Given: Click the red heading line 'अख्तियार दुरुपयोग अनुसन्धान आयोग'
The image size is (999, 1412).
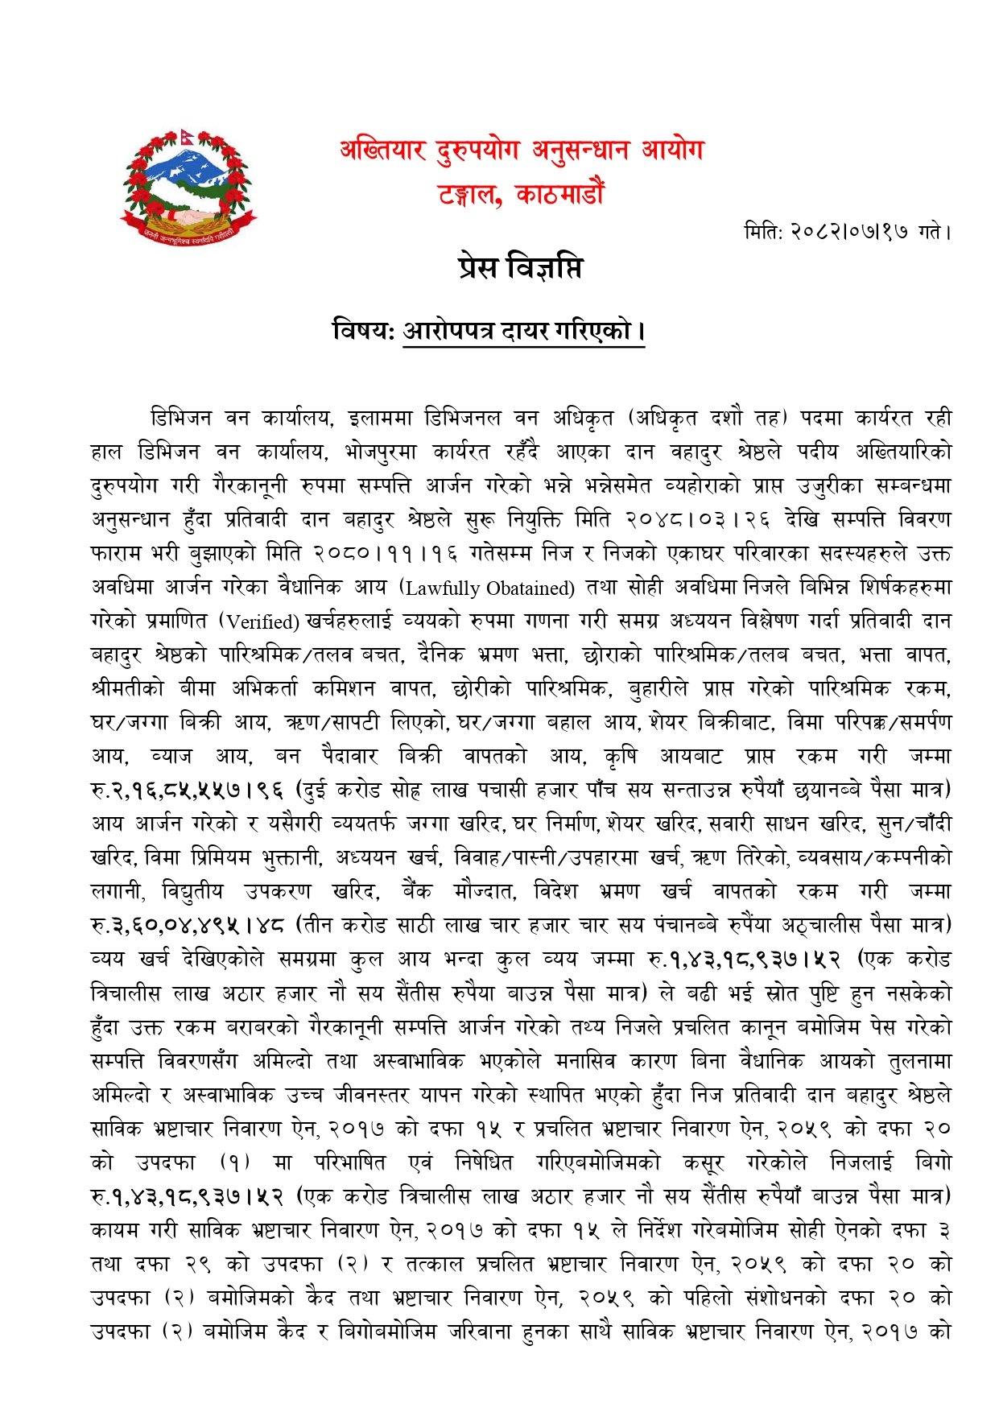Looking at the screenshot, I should (x=522, y=151).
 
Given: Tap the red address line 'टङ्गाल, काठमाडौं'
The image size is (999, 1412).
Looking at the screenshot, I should (x=522, y=195).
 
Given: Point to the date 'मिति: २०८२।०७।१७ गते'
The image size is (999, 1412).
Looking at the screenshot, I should (x=848, y=233).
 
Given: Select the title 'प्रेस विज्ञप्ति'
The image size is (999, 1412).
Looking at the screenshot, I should (x=519, y=267).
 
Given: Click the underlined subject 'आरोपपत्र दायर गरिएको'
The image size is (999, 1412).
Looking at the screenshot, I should (x=523, y=331).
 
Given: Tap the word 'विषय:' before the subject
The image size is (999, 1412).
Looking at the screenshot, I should (x=363, y=331).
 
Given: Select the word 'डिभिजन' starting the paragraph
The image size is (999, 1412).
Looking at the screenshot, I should (x=182, y=419).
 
